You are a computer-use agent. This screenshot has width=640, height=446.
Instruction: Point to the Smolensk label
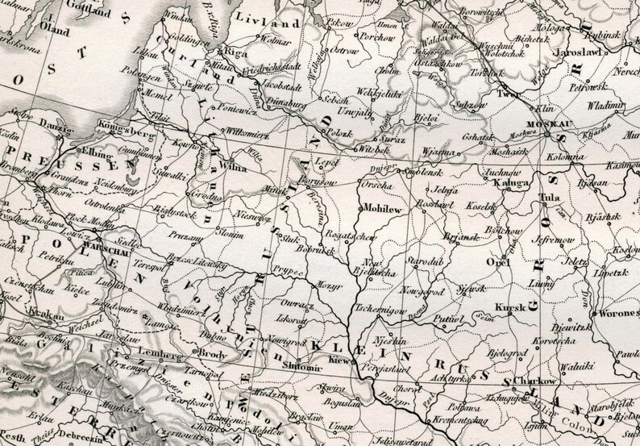pos(426,171)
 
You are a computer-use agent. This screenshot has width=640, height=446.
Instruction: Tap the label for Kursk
pos(511,306)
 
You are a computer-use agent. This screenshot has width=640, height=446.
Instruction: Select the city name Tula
pos(552,196)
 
